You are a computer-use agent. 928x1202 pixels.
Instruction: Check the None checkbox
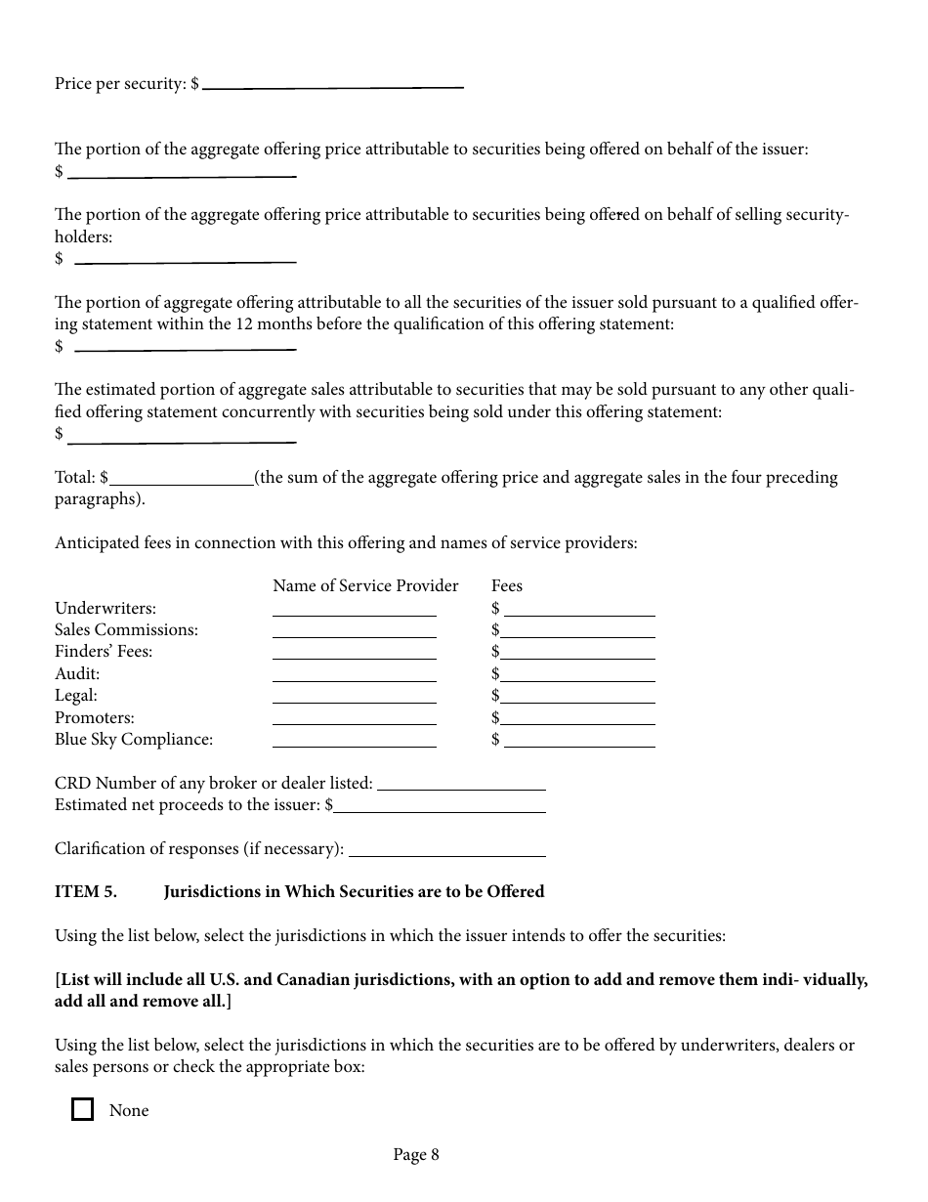83,1109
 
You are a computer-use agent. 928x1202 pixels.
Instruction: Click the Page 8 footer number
416,1154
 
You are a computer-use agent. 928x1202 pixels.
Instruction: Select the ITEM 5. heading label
86,891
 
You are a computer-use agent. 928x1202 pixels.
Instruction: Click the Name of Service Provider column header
365,585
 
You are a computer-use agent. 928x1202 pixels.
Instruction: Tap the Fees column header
507,585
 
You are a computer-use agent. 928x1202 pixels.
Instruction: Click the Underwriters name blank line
354,609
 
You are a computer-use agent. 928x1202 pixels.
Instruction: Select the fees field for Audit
579,674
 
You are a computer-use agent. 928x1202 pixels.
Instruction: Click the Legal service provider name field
354,696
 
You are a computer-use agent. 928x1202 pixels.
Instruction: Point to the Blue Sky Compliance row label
134,739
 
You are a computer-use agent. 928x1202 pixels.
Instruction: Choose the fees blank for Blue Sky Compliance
579,740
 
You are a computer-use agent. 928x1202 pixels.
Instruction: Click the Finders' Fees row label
104,651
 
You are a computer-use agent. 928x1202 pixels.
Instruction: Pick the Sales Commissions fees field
579,630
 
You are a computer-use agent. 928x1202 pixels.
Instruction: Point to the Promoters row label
95,717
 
